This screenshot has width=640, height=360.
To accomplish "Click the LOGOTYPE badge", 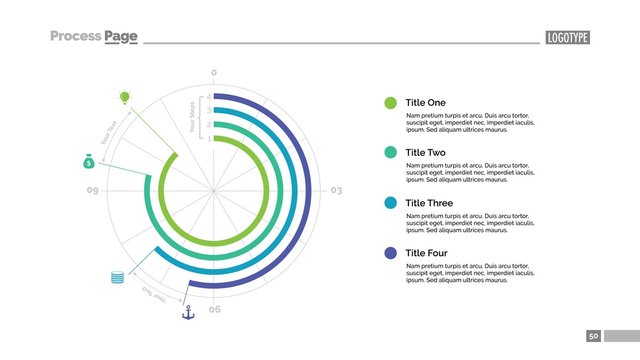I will click(x=567, y=37).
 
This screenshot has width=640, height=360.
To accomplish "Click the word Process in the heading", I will click(x=76, y=37).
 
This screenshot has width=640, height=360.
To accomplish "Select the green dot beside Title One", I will click(x=390, y=103).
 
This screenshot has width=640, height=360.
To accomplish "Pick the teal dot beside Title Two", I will click(x=390, y=152).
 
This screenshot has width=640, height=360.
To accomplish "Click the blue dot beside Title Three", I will click(x=390, y=203).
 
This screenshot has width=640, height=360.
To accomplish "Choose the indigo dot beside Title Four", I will click(x=390, y=253).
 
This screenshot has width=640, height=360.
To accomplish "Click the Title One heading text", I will click(x=426, y=103).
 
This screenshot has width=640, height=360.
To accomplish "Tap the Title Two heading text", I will click(x=426, y=152).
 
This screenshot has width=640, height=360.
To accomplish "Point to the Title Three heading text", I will click(x=429, y=203).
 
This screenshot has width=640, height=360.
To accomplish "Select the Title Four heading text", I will click(x=428, y=253).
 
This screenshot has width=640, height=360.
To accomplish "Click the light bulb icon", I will click(x=125, y=97).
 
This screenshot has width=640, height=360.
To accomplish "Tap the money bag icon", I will click(x=88, y=161).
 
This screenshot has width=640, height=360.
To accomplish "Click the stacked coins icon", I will click(x=118, y=277).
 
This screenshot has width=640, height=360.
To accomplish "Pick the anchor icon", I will click(x=186, y=313).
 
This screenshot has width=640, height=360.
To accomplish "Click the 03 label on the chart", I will click(x=336, y=190).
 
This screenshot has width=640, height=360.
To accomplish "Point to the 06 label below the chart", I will click(x=214, y=310).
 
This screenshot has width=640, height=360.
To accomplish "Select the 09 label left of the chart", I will click(x=92, y=190).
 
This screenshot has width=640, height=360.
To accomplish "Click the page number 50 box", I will click(x=594, y=336).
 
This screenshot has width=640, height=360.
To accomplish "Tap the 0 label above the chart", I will click(x=213, y=73).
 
